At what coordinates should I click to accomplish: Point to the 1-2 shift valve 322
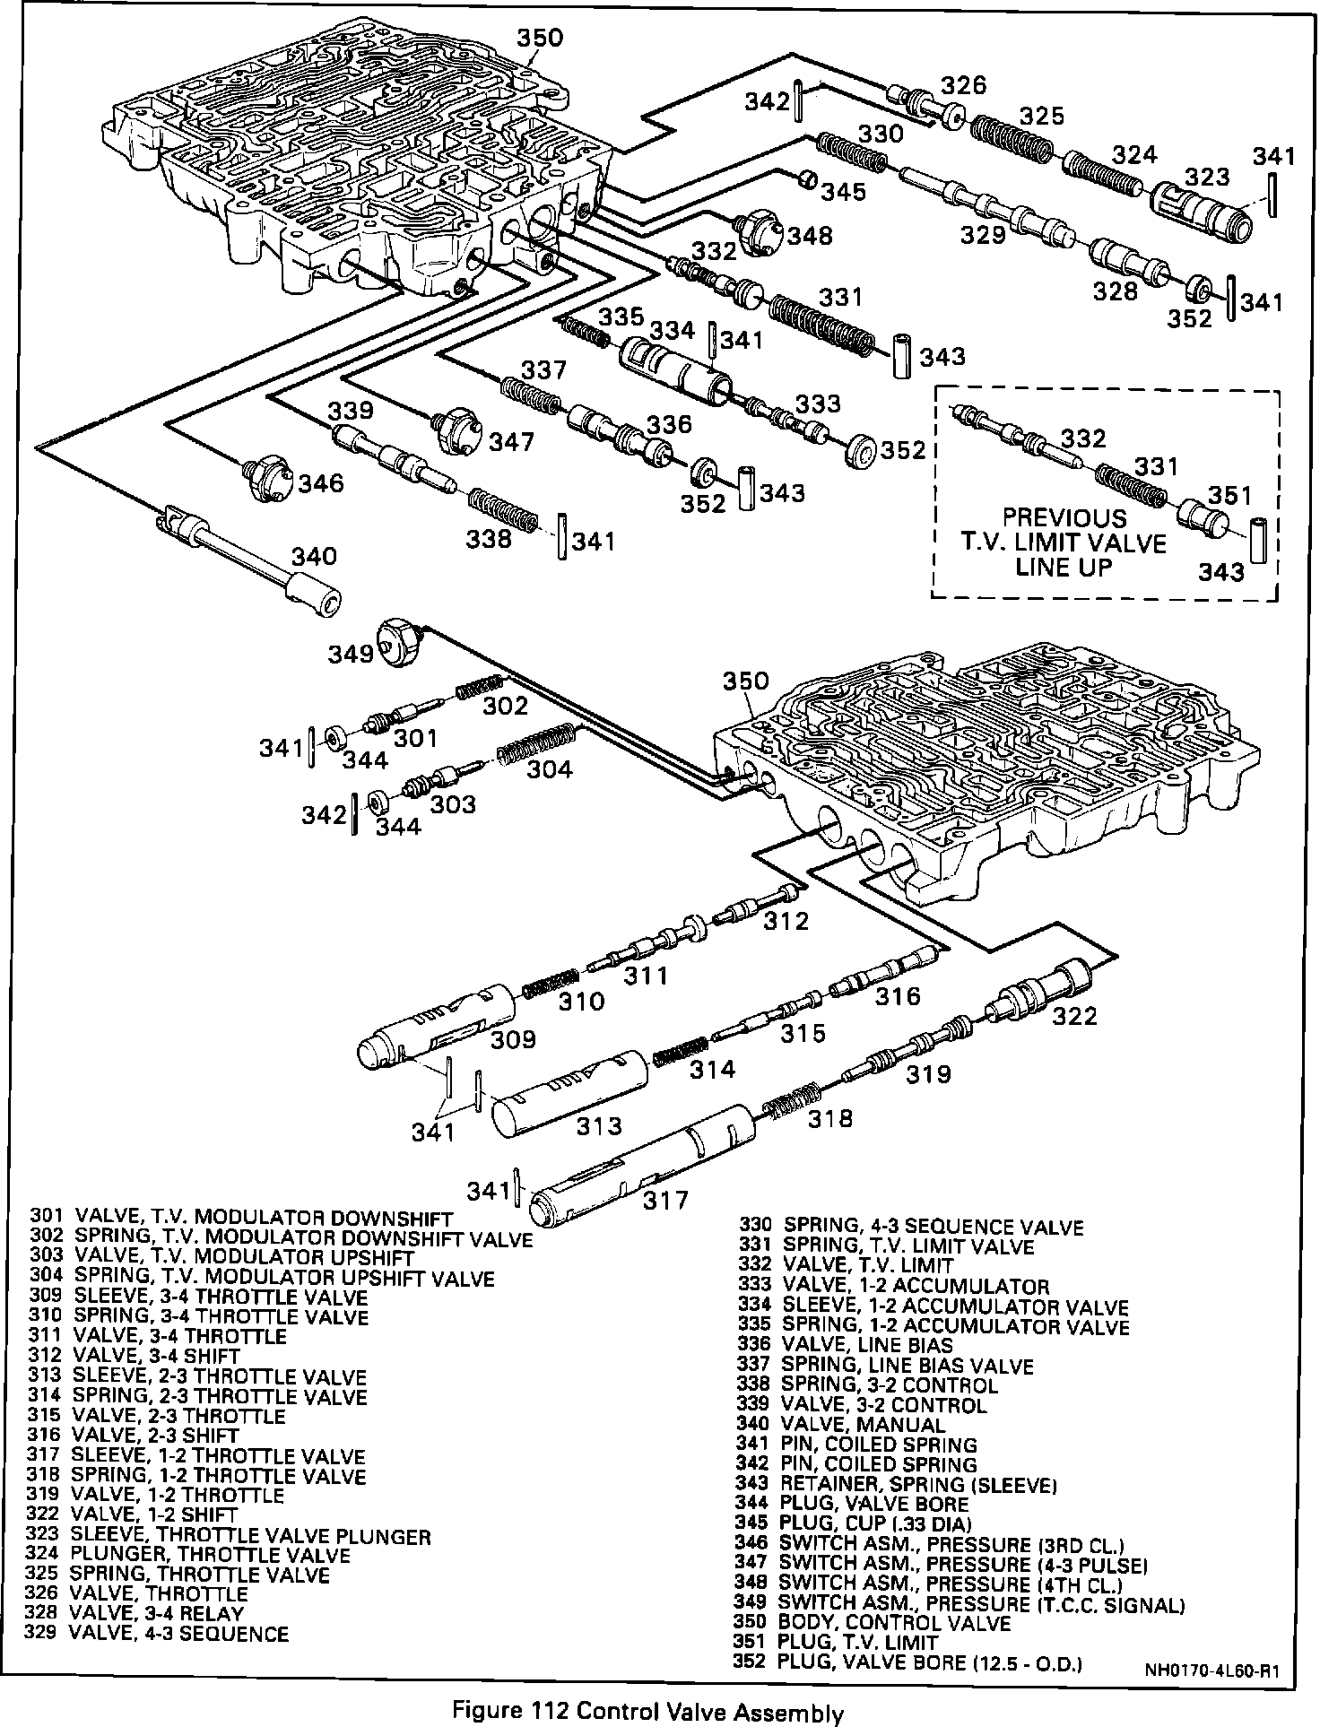point(1040,993)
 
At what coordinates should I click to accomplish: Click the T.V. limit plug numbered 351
point(1202,518)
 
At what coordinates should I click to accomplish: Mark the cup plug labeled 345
point(807,178)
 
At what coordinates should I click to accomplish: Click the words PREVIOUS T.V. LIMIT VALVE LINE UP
point(1064,542)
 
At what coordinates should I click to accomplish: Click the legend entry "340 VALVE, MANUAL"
point(840,1423)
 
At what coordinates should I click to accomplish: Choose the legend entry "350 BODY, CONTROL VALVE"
point(873,1622)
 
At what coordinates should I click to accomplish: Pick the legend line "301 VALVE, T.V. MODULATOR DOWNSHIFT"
point(241,1217)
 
